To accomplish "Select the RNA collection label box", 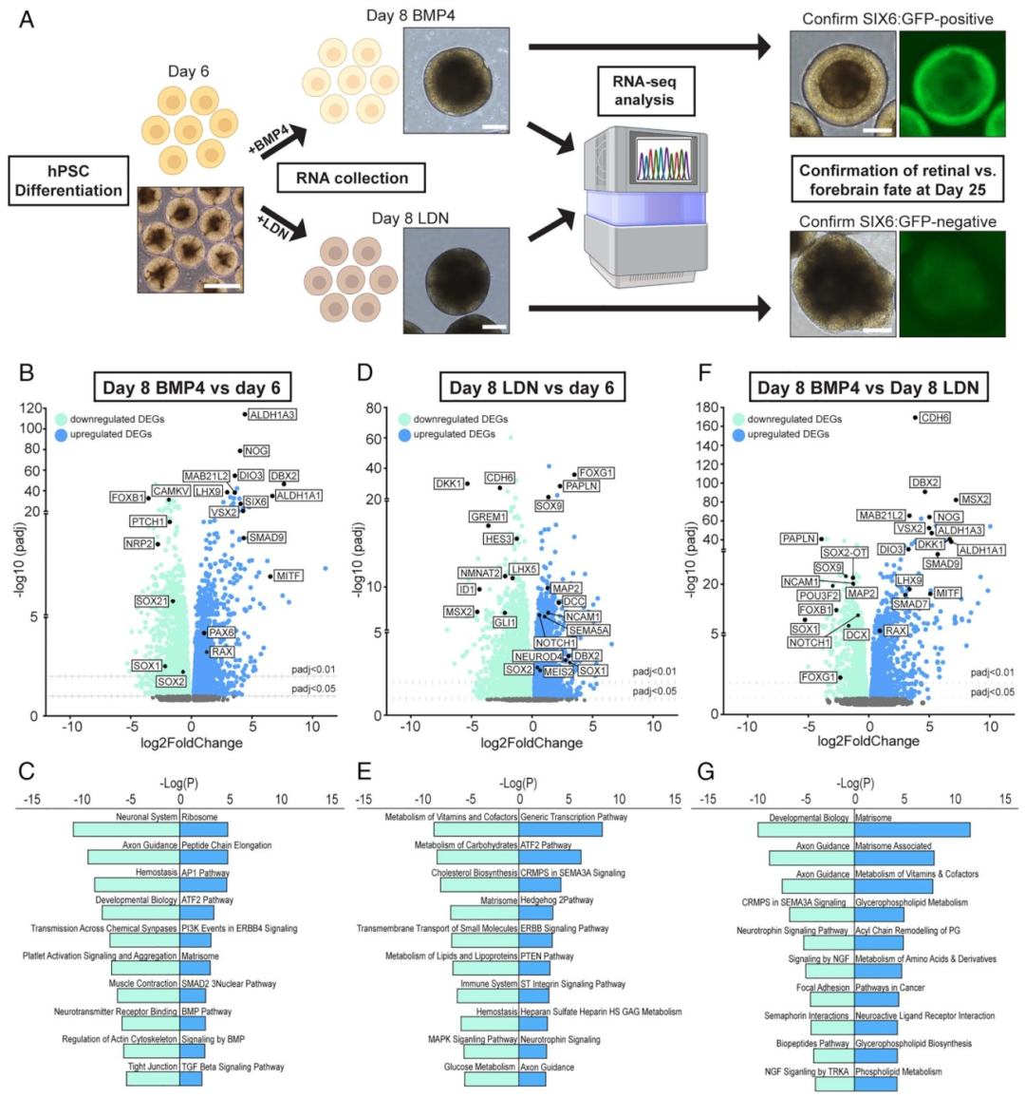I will [351, 178].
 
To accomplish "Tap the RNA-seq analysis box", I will [644, 89].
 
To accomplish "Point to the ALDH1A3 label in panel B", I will [272, 415].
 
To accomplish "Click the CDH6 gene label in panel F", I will [935, 418].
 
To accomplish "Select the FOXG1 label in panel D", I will [596, 473].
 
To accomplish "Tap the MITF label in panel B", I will [289, 576].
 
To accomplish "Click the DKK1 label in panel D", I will [448, 483].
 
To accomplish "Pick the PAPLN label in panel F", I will [799, 539].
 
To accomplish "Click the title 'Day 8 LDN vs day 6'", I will [531, 388].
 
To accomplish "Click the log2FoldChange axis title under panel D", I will [531, 743].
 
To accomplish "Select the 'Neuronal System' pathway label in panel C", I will [146, 817].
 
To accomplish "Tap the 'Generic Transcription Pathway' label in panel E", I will [573, 817].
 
